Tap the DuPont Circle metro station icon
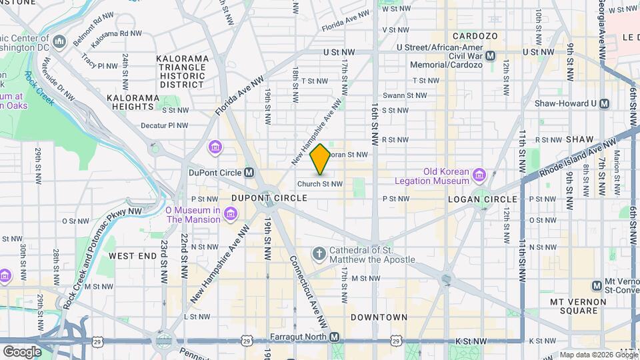click(x=249, y=173)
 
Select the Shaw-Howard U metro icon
click(x=605, y=103)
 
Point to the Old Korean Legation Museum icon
click(x=479, y=175)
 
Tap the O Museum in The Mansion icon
click(x=231, y=213)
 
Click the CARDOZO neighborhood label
click(x=472, y=35)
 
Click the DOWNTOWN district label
click(x=379, y=317)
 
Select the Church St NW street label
click(x=320, y=184)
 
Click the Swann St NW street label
click(x=404, y=96)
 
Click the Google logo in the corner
click(x=21, y=351)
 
